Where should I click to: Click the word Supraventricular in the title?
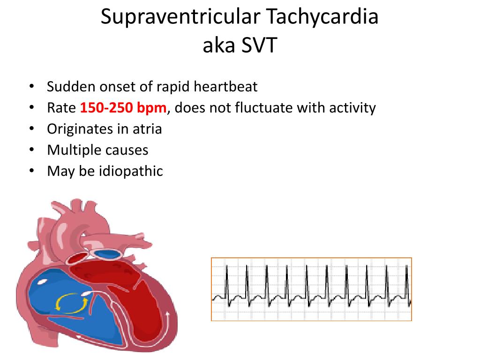coord(180,17)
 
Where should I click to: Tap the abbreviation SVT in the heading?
coord(259,45)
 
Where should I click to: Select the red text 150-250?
coord(106,108)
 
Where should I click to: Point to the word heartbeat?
coord(225,86)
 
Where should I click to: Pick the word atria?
coord(147,129)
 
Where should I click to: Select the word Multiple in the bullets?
coord(72,150)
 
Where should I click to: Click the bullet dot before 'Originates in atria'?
coord(31,129)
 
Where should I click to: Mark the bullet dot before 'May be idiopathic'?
coord(31,171)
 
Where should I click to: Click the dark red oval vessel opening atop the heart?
coord(77,258)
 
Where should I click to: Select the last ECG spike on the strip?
coord(407,283)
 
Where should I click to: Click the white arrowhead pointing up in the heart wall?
coord(168,314)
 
